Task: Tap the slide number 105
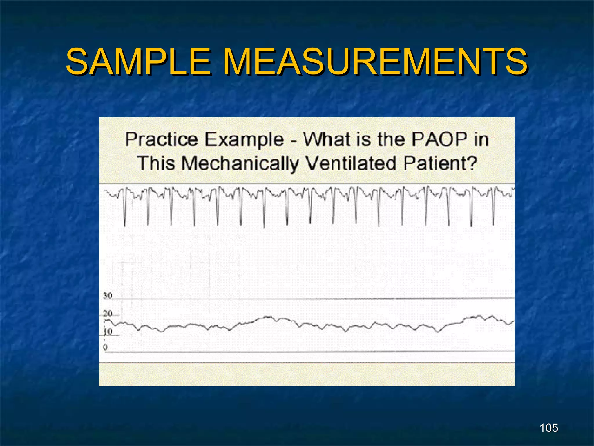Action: [x=549, y=428]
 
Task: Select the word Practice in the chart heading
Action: [x=161, y=140]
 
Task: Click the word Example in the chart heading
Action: [x=244, y=140]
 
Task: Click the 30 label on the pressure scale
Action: [x=107, y=296]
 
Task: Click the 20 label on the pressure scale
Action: [x=107, y=314]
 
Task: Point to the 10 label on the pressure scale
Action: [x=108, y=331]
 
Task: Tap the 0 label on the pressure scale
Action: [x=105, y=347]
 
